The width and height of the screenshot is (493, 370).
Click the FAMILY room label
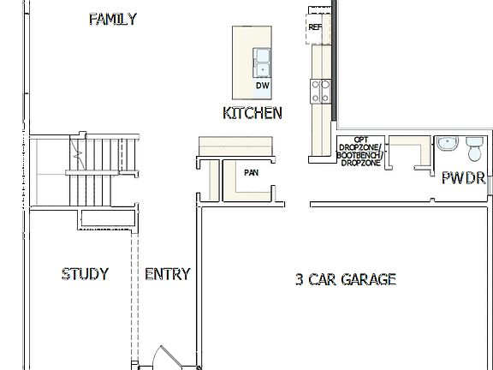pos(112,19)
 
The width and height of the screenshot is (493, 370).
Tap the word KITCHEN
pos(252,113)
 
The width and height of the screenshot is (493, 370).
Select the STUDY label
pos(85,274)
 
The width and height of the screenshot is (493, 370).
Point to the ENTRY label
pos(167,274)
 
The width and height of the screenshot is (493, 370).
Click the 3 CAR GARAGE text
pos(345,279)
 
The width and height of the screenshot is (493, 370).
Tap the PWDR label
pos(463,178)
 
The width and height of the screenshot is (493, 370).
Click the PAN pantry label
pos(251,172)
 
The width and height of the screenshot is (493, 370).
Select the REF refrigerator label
pos(314,27)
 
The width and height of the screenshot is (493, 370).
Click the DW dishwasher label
pos(262,86)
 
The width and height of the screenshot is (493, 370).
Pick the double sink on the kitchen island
pos(262,62)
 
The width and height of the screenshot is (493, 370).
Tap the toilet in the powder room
pos(474,148)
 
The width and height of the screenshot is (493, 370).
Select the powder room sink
pos(447,143)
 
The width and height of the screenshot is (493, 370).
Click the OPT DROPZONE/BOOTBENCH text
pos(359,151)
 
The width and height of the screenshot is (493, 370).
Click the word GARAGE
pos(368,279)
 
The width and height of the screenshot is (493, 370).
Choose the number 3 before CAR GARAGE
pos(300,279)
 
